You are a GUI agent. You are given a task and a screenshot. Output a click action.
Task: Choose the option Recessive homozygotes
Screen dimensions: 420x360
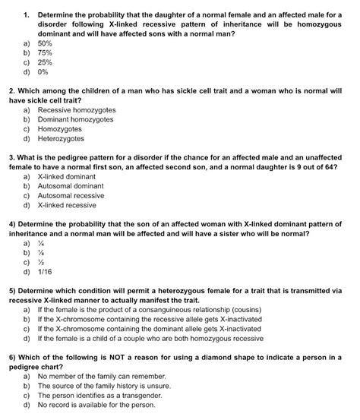[x=75, y=110]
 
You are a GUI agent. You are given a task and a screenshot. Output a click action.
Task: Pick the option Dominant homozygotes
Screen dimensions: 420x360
[x=75, y=120]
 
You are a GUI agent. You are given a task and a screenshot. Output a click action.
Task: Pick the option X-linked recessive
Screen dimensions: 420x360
[x=67, y=205]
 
